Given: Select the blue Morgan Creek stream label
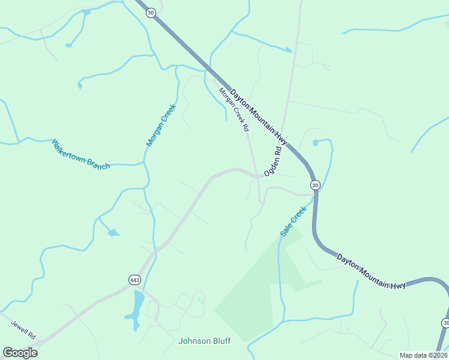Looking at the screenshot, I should (x=160, y=125).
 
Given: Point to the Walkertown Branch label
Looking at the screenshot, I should (x=81, y=155).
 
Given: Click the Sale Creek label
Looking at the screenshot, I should (x=293, y=221).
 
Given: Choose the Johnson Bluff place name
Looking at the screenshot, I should (x=204, y=341).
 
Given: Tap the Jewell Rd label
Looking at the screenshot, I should (x=23, y=328).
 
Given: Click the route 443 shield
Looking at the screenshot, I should (x=134, y=280).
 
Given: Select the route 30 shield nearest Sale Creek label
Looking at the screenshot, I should (x=315, y=185).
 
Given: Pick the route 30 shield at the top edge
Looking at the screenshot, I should (x=150, y=12).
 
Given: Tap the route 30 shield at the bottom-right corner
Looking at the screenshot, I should (x=445, y=323).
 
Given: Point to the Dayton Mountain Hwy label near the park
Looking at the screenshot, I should (x=371, y=272).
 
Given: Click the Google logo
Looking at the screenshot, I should (x=20, y=353).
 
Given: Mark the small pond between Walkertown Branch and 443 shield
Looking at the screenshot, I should (x=113, y=232).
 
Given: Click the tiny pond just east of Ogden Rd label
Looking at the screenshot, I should (x=316, y=142).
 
